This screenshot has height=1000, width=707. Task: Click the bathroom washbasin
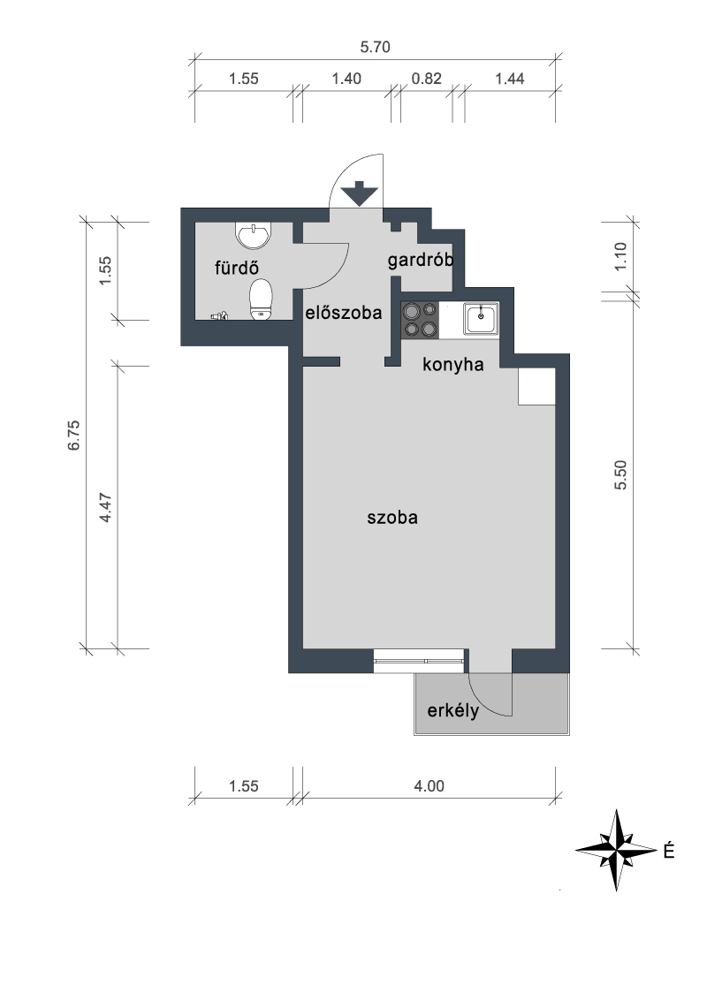click(254, 235)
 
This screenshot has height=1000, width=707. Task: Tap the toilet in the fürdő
click(261, 299)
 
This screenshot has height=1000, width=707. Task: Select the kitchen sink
click(481, 318)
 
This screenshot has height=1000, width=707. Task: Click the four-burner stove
click(420, 320)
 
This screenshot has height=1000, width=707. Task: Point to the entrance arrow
click(360, 193)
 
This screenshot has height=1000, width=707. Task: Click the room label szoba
click(392, 517)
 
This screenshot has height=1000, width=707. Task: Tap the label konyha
click(453, 365)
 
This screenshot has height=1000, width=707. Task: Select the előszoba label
click(343, 313)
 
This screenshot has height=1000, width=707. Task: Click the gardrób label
click(421, 261)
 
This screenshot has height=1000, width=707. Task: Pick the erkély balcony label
click(453, 710)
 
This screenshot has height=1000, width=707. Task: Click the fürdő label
click(237, 268)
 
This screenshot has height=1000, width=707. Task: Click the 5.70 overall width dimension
click(376, 47)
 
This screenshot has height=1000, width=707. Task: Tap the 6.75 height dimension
click(74, 435)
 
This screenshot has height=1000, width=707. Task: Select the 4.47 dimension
click(106, 508)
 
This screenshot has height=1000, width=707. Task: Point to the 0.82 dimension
click(426, 79)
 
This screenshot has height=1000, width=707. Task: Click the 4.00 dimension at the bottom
click(429, 785)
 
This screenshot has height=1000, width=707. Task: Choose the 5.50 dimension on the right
click(620, 475)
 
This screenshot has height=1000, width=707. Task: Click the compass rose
click(616, 850)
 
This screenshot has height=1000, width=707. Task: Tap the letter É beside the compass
click(669, 851)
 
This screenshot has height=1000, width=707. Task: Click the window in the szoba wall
click(419, 661)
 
